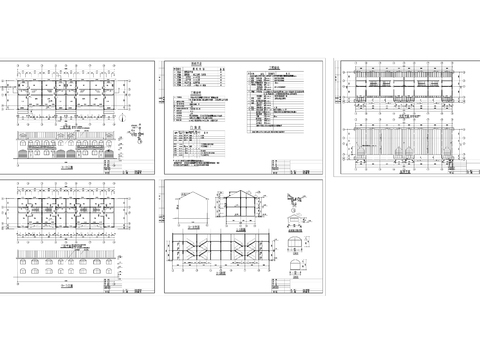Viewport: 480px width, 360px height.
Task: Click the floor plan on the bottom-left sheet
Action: pos(66,216)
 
